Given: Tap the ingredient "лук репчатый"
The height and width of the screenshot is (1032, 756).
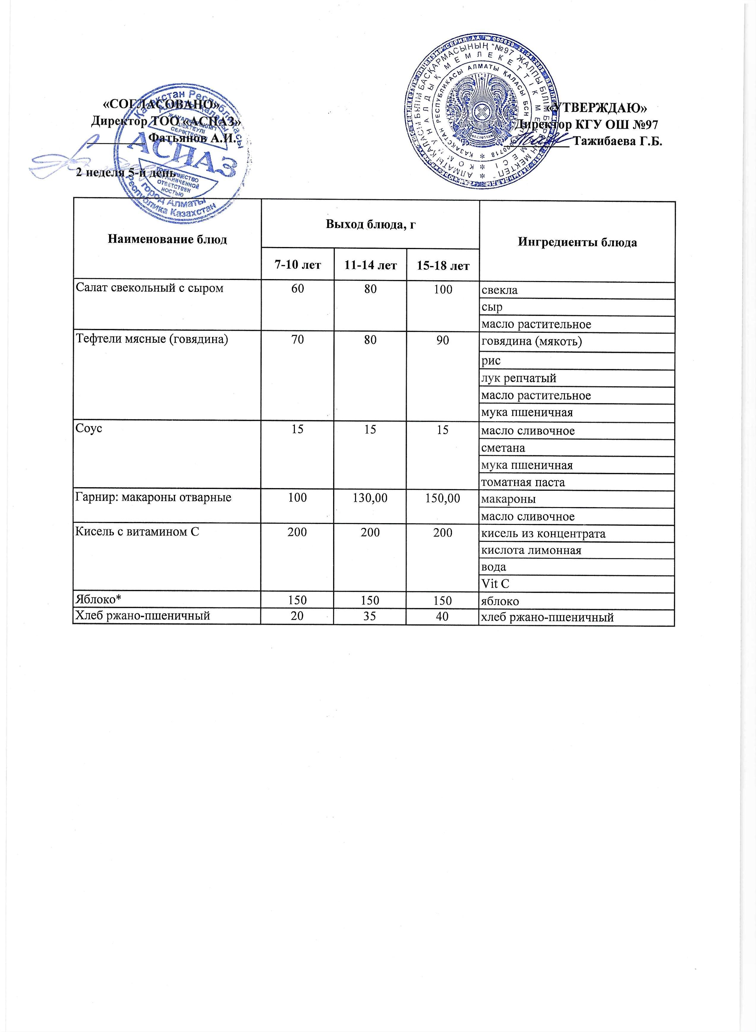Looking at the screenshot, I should pos(519,378).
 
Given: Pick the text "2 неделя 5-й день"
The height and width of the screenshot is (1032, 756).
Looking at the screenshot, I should pos(125,173).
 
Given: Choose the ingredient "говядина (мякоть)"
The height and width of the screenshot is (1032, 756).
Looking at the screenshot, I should pos(531,342).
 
